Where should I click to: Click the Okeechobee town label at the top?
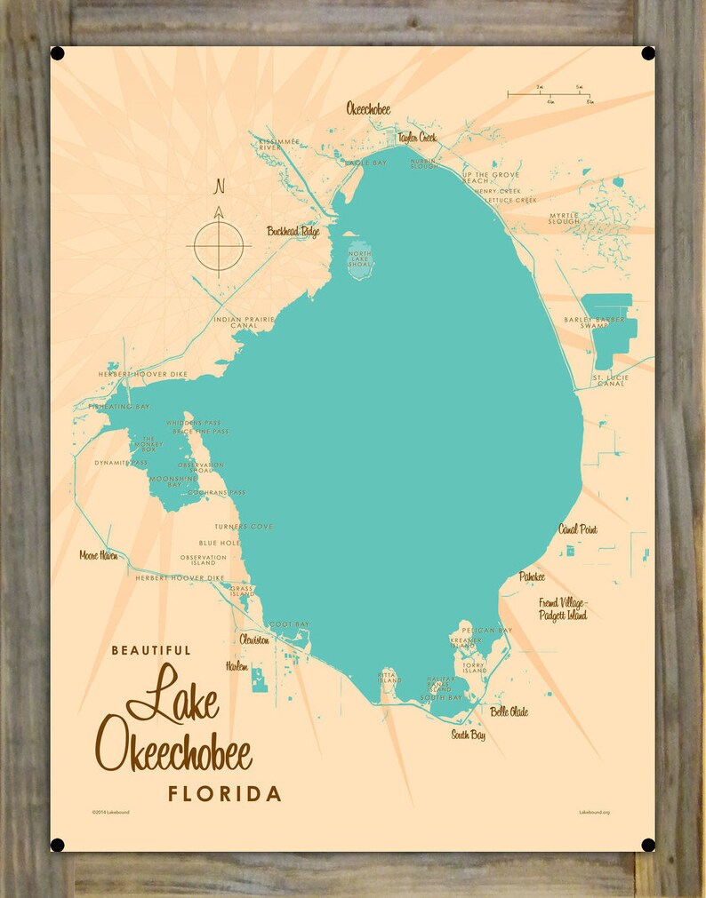[368, 109]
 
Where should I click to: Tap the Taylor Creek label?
[417, 138]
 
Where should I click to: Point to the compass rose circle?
[217, 240]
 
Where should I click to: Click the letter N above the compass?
[218, 187]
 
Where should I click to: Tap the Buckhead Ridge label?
[293, 232]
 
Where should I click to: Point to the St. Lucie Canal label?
[610, 381]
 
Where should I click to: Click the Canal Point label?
[577, 529]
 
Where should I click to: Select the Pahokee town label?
[532, 577]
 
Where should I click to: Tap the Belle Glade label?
[509, 711]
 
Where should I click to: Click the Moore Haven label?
[98, 555]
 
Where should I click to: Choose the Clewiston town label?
[253, 639]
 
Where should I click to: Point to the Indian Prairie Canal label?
[238, 322]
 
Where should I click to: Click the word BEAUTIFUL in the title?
[150, 650]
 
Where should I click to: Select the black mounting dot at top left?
[58, 53]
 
